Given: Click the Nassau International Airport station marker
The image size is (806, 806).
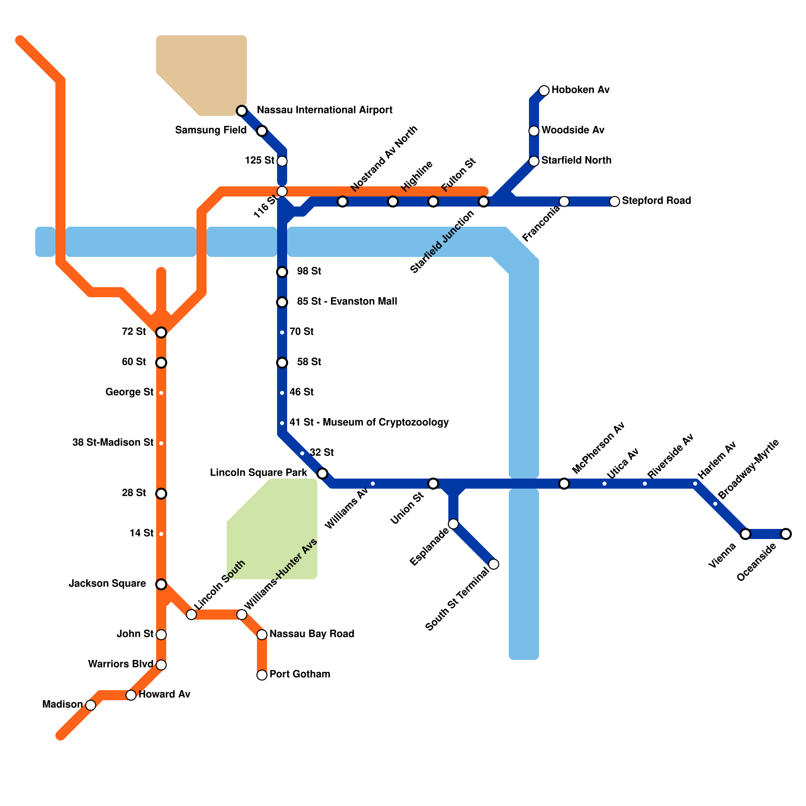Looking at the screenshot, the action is click(x=242, y=111).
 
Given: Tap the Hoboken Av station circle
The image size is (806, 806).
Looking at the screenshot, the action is click(x=544, y=91).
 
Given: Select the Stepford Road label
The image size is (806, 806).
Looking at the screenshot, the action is click(x=656, y=200).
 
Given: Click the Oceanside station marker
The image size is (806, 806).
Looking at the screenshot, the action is click(x=786, y=534).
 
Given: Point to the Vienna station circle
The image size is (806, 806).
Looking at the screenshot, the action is click(x=746, y=534).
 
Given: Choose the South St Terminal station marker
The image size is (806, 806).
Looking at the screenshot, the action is click(x=494, y=564).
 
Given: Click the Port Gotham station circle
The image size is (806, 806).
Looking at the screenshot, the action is click(x=262, y=675).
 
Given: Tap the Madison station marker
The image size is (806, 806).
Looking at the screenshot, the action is click(x=91, y=705).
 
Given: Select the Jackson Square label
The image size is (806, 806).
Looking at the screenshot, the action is click(x=107, y=583).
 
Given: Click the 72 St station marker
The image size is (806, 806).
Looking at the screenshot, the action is click(x=161, y=332).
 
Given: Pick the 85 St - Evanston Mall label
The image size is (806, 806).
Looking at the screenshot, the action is click(x=347, y=301).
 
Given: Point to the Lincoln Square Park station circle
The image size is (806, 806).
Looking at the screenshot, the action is click(x=322, y=474).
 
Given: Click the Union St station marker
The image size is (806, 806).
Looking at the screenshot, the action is click(x=433, y=484).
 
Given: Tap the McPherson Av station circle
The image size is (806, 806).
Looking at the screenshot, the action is click(x=564, y=484).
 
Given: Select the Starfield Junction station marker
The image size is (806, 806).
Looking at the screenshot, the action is click(x=484, y=201).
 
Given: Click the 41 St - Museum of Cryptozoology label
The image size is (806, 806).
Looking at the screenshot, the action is click(x=369, y=422).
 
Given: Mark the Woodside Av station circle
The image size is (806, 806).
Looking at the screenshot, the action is click(x=534, y=131).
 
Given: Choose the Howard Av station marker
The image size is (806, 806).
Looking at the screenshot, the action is click(x=131, y=695).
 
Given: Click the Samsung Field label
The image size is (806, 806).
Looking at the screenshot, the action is click(x=211, y=130).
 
